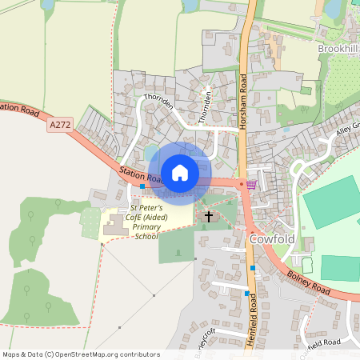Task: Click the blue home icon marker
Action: pos(180,172)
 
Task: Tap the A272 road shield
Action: pos(59,125)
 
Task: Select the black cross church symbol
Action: pos(210,216)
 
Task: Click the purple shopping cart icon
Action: pos(251,184)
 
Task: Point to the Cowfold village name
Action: pos(273,238)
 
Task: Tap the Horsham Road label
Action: pos(243,95)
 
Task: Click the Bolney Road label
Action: pos(307,284)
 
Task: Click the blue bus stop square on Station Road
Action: pos(142,186)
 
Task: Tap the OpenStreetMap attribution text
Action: pos(81,354)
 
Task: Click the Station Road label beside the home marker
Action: pos(141,175)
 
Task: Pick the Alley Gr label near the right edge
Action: pos(347,128)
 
